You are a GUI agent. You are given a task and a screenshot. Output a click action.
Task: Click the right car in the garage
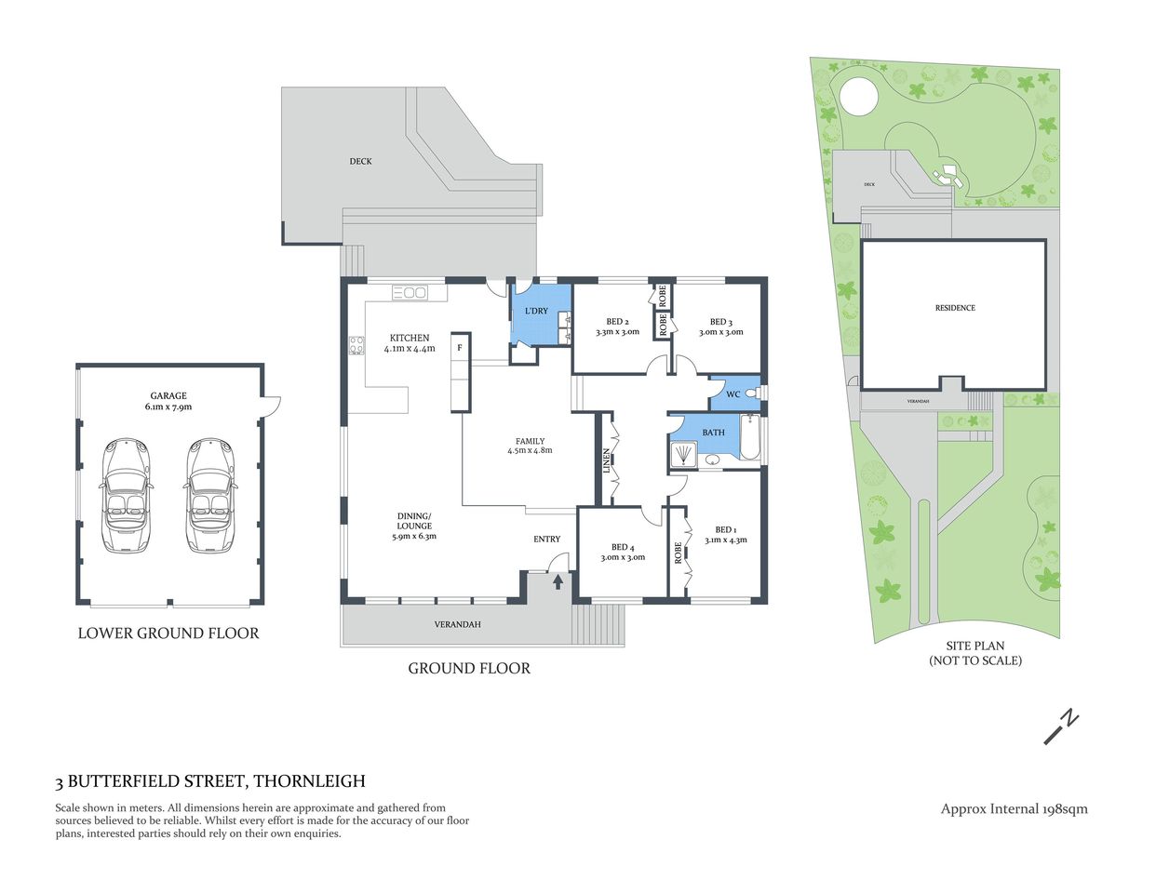[x=210, y=496]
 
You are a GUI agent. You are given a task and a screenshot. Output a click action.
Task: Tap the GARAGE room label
[x=168, y=395]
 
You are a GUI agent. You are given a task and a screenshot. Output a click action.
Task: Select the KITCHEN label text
[x=410, y=338]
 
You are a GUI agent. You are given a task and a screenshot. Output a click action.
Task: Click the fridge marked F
[x=459, y=348]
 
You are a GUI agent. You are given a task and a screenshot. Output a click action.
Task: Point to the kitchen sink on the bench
[x=410, y=293]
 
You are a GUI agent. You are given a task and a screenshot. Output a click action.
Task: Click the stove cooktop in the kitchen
[x=356, y=345]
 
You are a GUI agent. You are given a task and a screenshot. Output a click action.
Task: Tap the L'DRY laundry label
[x=536, y=311]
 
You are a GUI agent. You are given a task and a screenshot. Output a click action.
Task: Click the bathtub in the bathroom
[x=750, y=439]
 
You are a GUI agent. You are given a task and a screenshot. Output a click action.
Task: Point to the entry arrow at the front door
[x=558, y=581]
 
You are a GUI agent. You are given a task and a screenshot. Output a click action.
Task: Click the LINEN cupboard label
[x=606, y=461]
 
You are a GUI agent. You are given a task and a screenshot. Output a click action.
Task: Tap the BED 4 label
[x=623, y=547]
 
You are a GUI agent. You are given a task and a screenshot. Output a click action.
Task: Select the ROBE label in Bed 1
[x=679, y=553]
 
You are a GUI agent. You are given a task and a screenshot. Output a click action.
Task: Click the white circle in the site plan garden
[x=858, y=94]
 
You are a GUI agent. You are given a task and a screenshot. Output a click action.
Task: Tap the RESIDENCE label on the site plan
[x=955, y=308]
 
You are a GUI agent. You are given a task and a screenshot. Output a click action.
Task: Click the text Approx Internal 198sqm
[x=1014, y=808]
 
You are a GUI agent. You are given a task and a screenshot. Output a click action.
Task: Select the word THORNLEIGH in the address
[x=309, y=781]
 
